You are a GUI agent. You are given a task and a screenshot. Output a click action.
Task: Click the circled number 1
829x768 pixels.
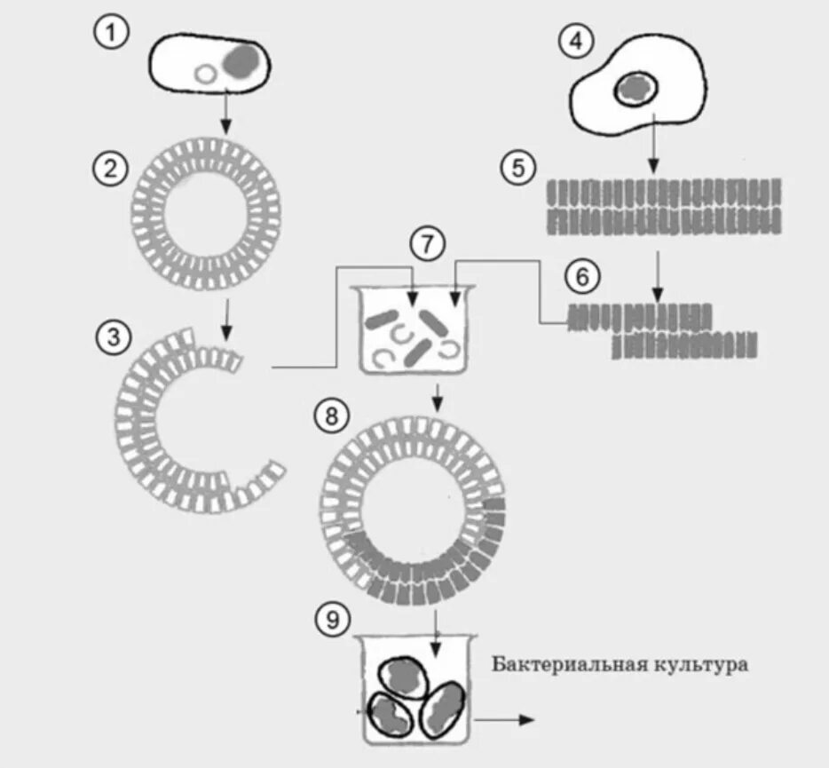[x=110, y=36]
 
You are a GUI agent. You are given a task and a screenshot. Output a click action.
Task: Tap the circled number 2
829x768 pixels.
[x=110, y=169]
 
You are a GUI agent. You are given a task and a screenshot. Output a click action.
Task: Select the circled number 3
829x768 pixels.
[x=113, y=337]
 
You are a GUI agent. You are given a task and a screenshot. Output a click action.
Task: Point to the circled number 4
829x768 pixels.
[x=577, y=42]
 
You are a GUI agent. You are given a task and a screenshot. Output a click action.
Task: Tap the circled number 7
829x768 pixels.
[x=428, y=244]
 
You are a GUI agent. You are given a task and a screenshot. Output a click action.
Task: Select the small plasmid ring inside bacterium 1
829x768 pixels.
[x=206, y=75]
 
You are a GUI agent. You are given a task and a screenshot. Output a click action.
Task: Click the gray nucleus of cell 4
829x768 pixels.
[x=636, y=88]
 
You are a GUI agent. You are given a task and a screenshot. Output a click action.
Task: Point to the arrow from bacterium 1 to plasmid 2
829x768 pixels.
[x=227, y=114]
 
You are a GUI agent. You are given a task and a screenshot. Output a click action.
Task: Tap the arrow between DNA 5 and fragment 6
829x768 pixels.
[x=658, y=275]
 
